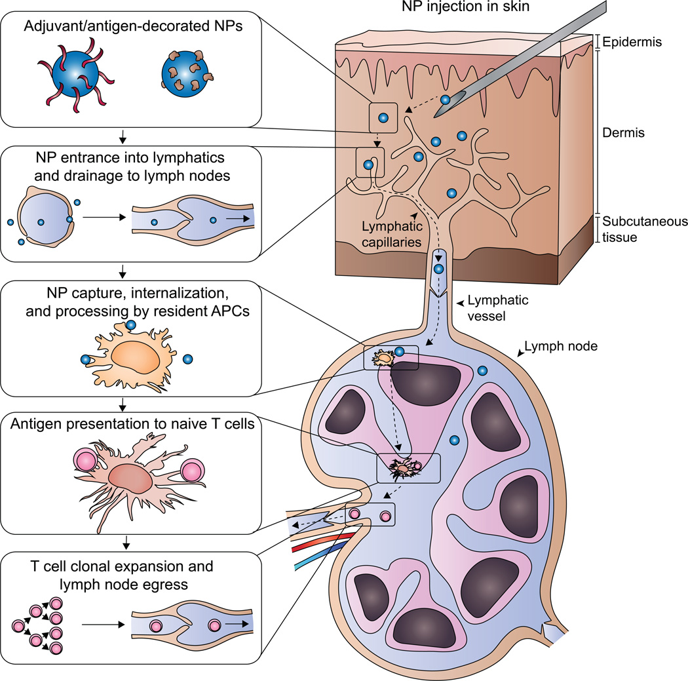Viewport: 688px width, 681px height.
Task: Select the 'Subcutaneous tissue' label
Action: point(645,229)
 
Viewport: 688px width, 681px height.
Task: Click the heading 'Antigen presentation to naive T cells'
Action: point(132,424)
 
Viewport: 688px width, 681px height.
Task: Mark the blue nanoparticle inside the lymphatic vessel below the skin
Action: point(438,269)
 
